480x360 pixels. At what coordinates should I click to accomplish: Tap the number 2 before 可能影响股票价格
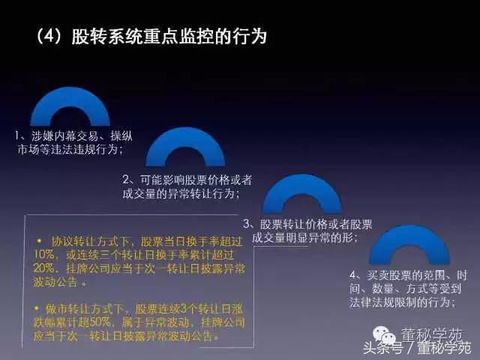[126, 180]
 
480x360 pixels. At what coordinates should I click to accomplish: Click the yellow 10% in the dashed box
[46, 255]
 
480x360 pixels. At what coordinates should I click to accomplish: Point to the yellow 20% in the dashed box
[45, 268]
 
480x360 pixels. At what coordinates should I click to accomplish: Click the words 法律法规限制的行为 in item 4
[402, 302]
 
